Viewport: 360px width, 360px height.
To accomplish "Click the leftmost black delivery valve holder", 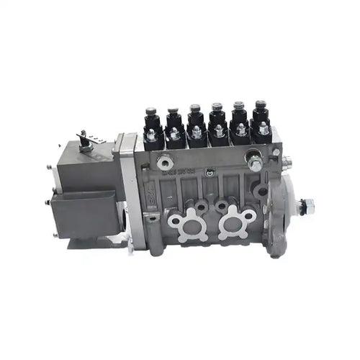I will (x=151, y=122).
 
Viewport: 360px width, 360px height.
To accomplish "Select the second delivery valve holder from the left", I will (x=173, y=121).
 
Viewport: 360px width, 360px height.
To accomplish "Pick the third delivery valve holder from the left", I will (x=195, y=120).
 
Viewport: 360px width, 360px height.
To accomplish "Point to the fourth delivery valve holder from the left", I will (x=217, y=119).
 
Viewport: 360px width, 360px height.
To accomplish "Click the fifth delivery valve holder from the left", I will (x=239, y=117).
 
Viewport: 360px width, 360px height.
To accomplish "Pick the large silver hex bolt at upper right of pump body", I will (x=253, y=161).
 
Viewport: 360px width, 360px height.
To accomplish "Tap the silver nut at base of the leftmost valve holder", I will (x=153, y=135).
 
